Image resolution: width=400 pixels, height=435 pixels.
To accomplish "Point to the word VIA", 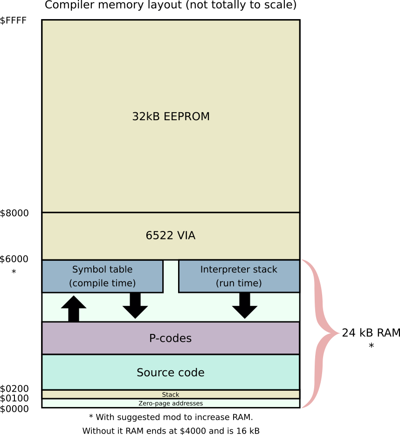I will click(x=186, y=236).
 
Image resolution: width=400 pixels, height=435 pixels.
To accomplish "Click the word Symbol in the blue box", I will click(x=87, y=269).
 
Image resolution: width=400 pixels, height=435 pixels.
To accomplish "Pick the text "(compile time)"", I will click(x=102, y=283).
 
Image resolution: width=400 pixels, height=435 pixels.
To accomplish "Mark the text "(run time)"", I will click(x=239, y=283).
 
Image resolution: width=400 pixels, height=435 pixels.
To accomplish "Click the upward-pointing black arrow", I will click(x=74, y=308).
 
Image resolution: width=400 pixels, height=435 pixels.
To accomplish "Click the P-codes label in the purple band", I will click(x=170, y=339).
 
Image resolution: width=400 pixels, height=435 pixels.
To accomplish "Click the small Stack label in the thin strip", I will click(x=171, y=394).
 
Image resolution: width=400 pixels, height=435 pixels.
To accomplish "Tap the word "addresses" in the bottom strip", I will click(x=187, y=403).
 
